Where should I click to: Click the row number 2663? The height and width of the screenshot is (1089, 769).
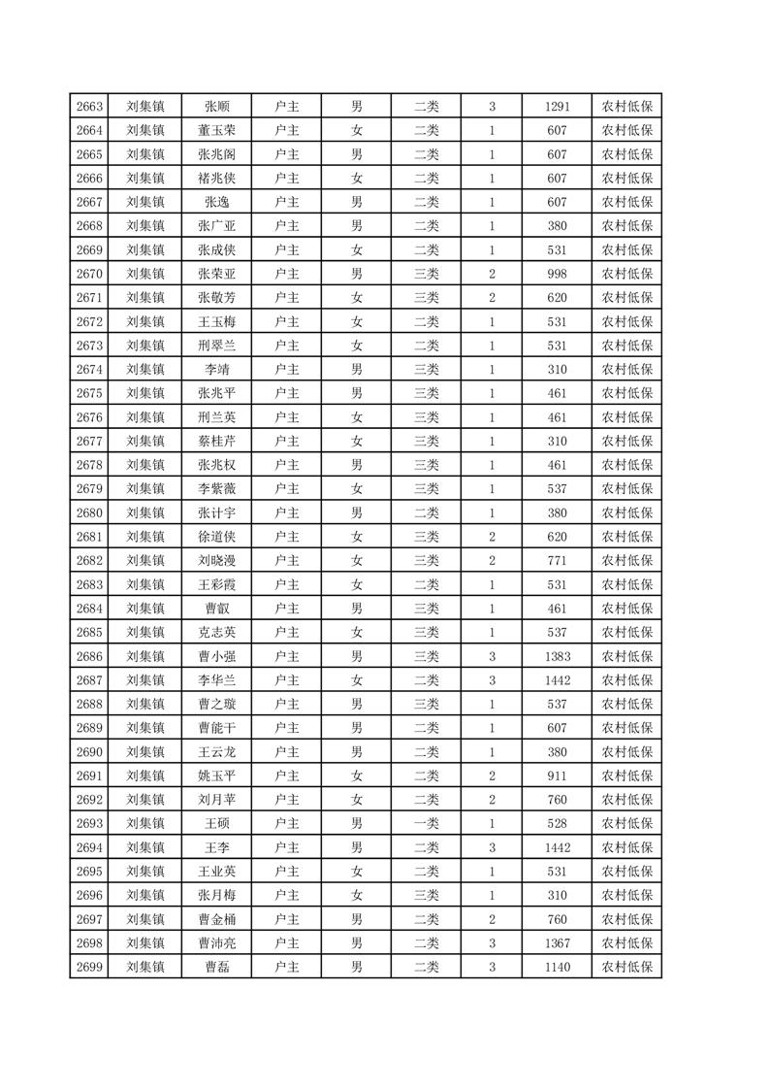point(89,107)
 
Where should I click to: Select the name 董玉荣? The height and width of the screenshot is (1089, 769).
point(216,131)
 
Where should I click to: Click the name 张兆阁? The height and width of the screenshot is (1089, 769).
point(216,154)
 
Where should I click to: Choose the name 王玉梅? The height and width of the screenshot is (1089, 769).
point(216,321)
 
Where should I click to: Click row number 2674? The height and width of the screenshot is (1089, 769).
point(89,370)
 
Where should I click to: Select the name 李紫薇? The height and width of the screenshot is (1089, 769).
point(216,489)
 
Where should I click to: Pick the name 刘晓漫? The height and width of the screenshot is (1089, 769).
point(216,561)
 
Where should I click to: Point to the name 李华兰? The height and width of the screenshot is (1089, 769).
point(216,680)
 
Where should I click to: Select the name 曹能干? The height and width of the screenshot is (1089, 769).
point(216,728)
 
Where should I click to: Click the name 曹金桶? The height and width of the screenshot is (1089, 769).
point(216,919)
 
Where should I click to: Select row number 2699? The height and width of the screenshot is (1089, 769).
point(89,967)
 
